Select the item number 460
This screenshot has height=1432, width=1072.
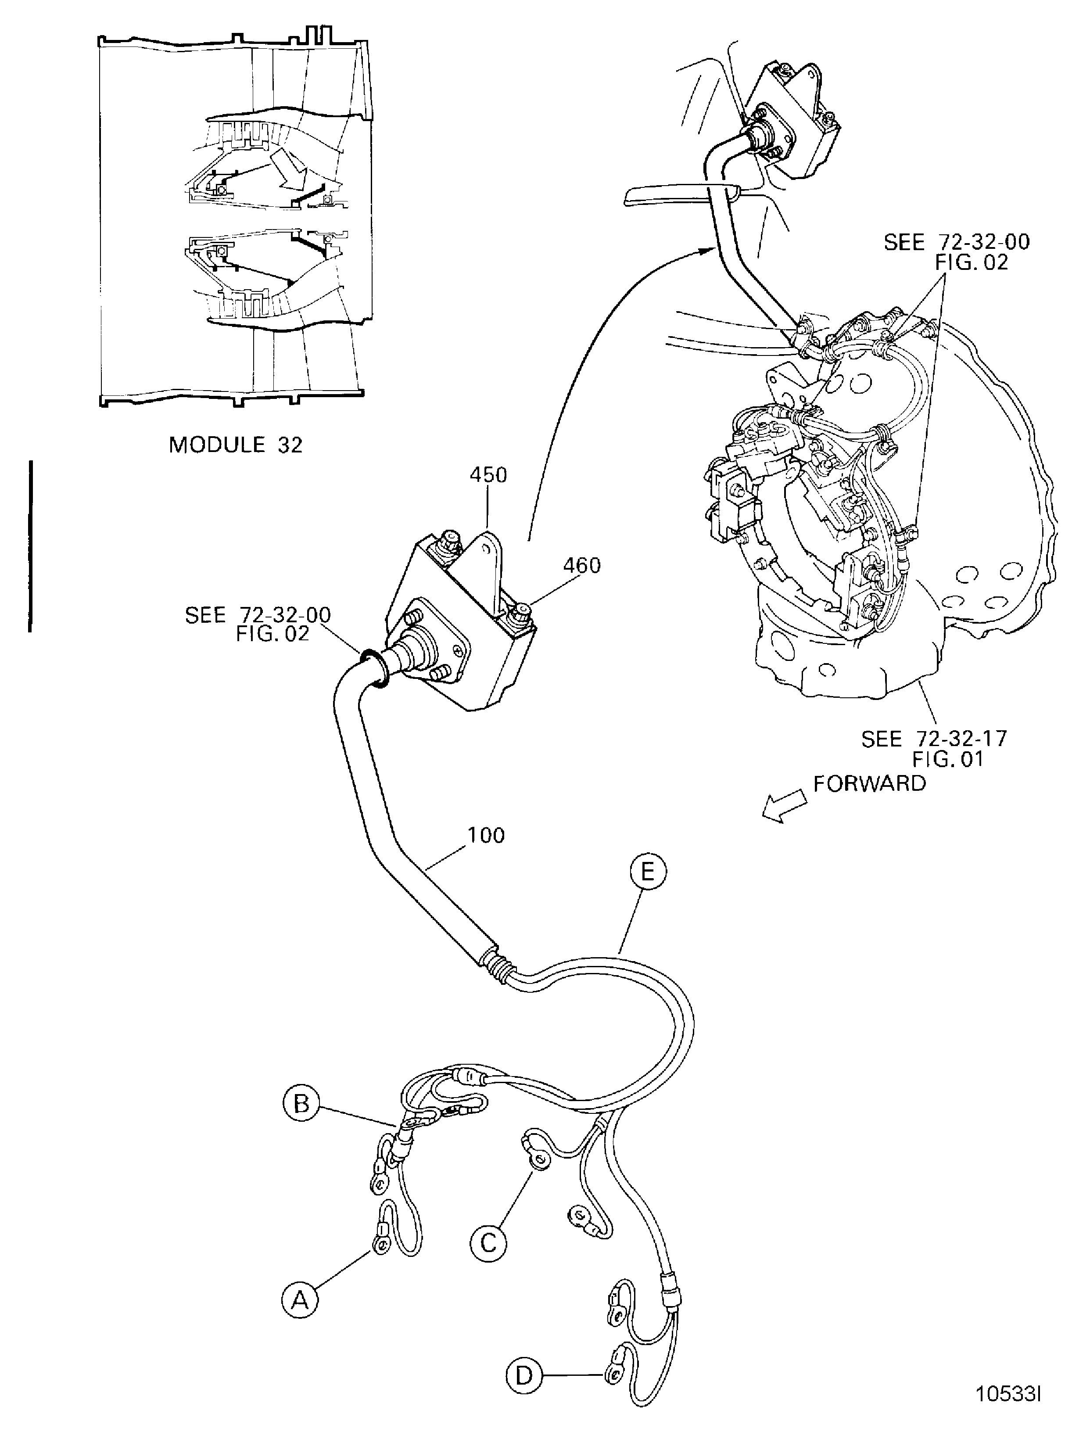click(x=581, y=566)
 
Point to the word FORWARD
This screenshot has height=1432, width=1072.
click(x=869, y=783)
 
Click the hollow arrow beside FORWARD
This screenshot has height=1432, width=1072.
click(x=783, y=809)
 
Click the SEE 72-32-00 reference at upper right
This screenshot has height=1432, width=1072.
click(x=956, y=252)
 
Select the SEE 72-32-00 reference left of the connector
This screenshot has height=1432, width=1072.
click(x=258, y=624)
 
